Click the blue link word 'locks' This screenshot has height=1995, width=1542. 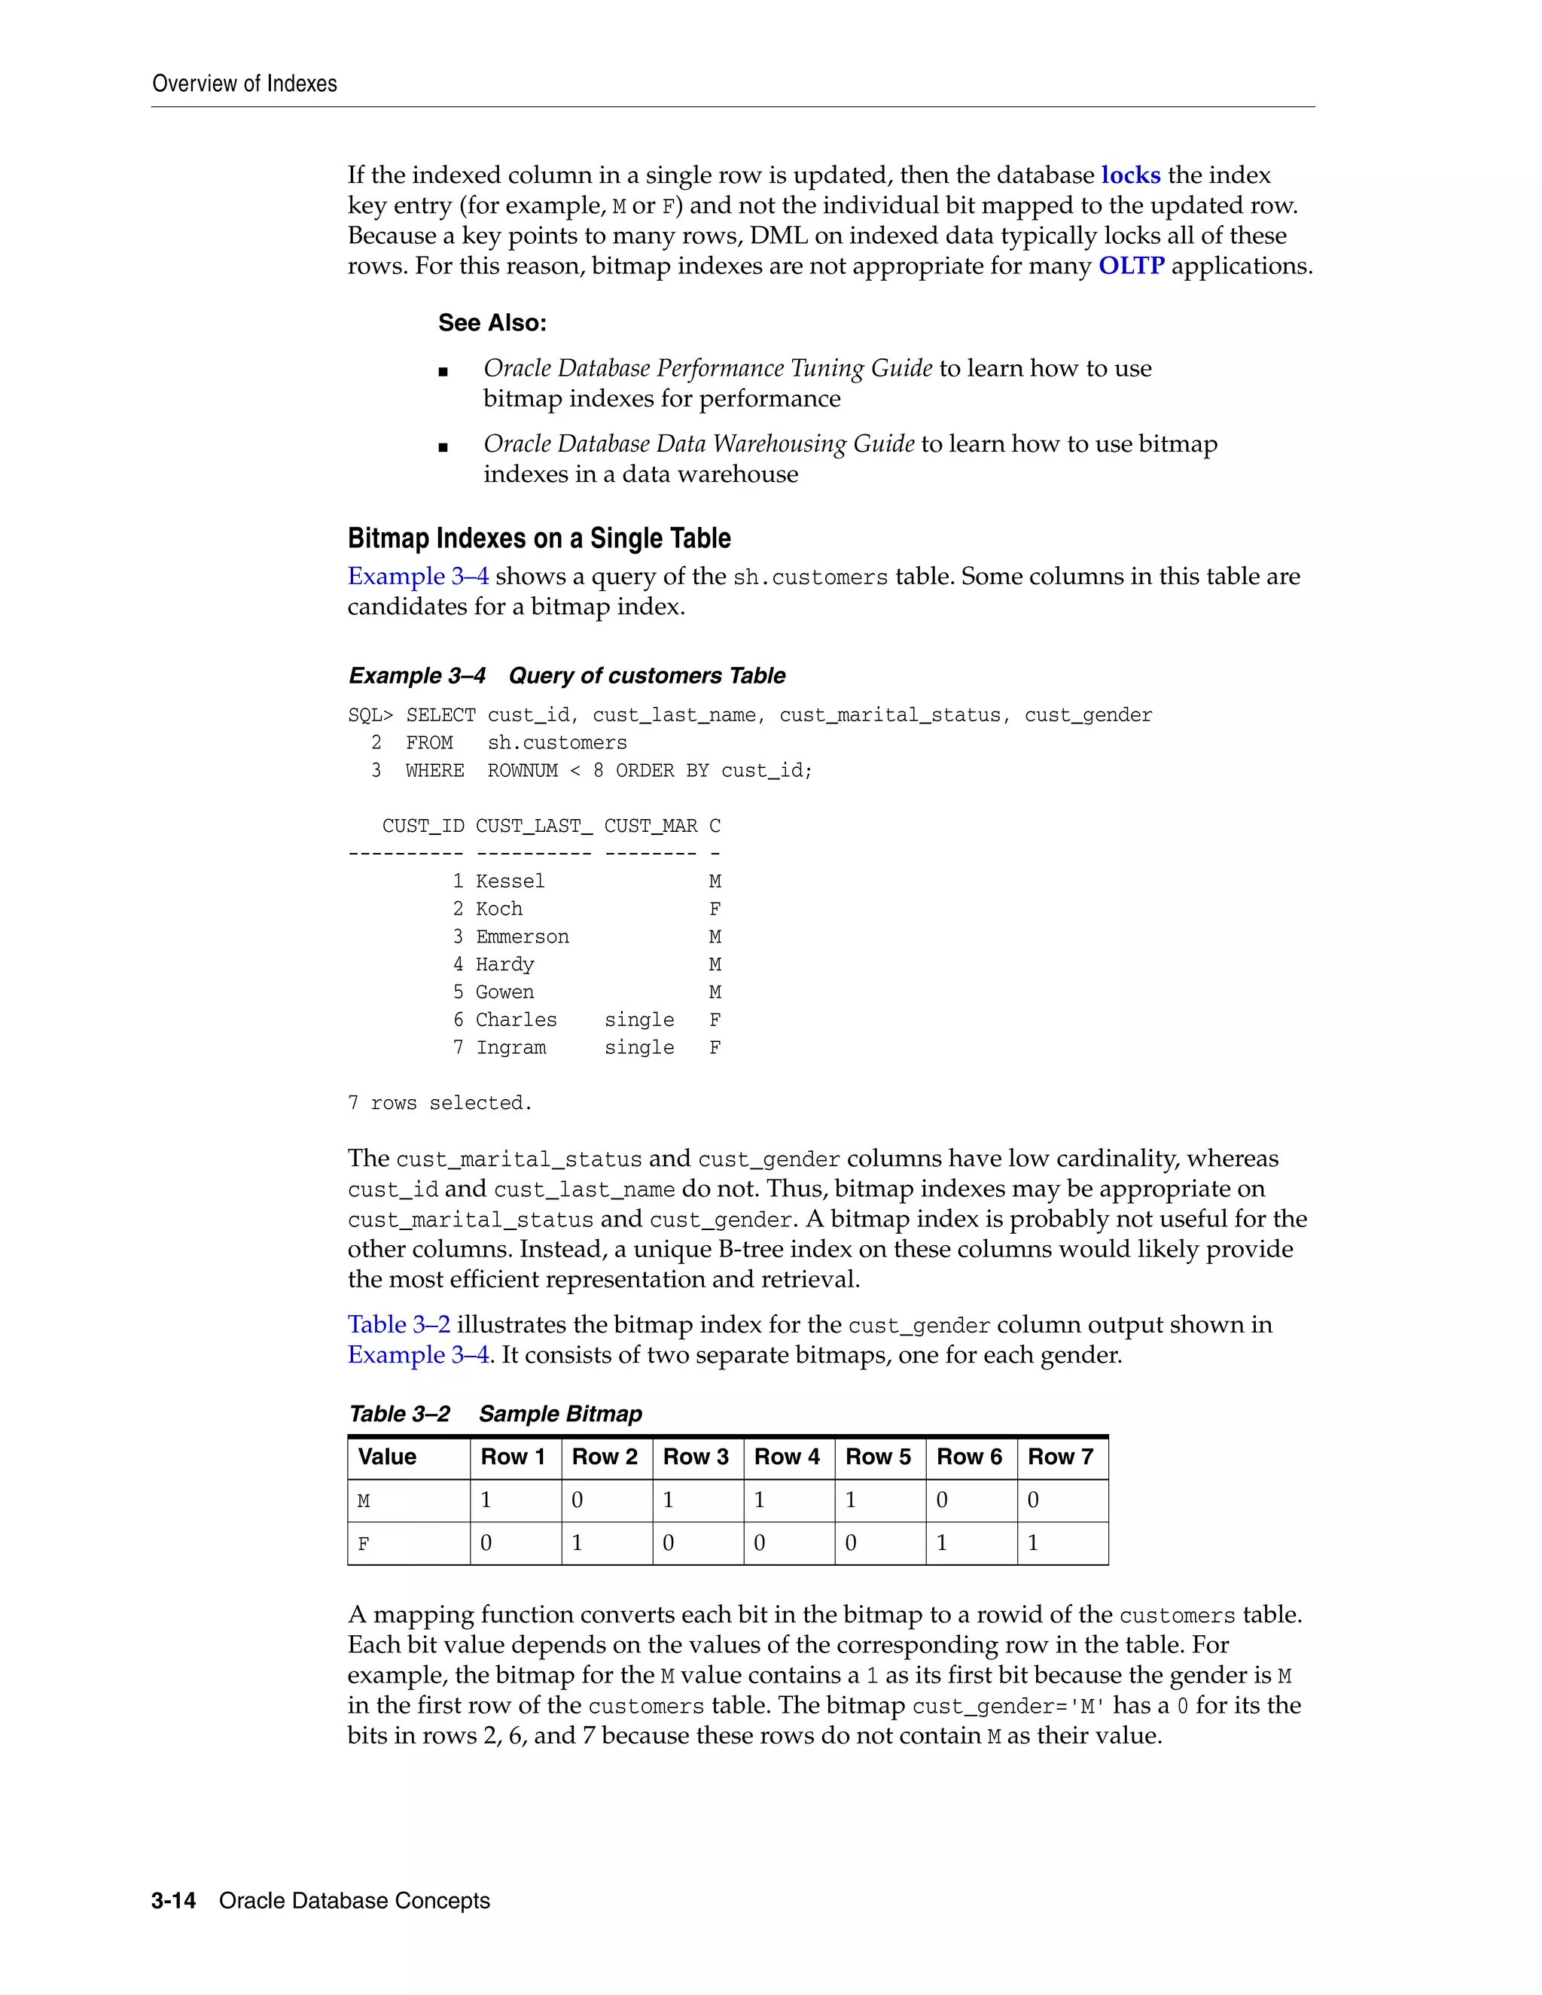(x=1130, y=175)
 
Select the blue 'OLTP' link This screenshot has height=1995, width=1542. (x=1131, y=266)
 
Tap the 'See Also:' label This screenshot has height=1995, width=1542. (x=492, y=324)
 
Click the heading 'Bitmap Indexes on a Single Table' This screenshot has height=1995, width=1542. (x=539, y=538)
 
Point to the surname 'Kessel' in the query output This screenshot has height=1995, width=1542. (x=510, y=882)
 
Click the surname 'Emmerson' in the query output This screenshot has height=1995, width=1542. (x=522, y=937)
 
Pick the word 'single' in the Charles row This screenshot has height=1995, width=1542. (x=638, y=1020)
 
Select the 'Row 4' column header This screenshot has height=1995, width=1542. (x=787, y=1457)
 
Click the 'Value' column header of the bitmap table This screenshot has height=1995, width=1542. (x=387, y=1457)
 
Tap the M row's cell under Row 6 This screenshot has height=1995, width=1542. (x=943, y=1500)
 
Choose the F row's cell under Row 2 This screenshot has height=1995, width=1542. (x=577, y=1543)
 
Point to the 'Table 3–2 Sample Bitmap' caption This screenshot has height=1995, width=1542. (x=495, y=1414)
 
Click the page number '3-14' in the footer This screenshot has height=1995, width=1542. (x=174, y=1901)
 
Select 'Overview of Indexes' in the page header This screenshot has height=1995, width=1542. (x=245, y=84)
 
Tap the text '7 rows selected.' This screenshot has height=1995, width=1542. (x=440, y=1104)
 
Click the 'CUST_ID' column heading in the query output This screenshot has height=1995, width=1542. (x=423, y=827)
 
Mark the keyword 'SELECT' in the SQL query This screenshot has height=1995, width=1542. (x=440, y=715)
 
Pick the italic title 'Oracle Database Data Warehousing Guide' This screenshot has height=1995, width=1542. (x=699, y=444)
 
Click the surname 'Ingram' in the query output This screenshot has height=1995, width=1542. (x=510, y=1048)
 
